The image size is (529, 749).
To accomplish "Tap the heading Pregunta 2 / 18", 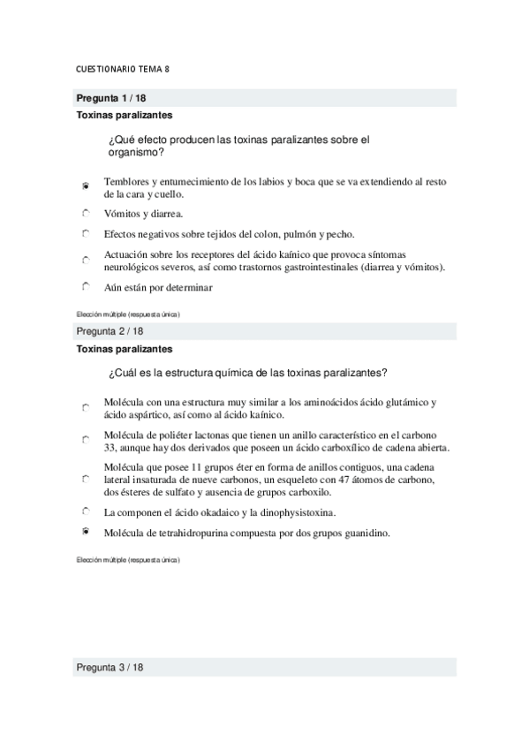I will coord(109,331).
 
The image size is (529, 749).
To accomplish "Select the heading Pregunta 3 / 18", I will coord(109,668).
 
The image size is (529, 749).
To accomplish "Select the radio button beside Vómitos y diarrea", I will coord(86,213).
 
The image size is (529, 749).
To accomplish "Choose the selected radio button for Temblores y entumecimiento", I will coord(86,186).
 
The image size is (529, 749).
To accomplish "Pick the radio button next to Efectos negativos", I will coord(86,234).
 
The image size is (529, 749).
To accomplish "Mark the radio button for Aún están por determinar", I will coord(86,286).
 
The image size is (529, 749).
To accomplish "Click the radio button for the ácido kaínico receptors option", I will coord(86,261).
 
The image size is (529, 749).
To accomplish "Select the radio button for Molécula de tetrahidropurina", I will coord(86,532).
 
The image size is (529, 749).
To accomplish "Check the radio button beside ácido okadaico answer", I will coord(86,511).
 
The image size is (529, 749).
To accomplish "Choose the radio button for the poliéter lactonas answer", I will coord(86,439).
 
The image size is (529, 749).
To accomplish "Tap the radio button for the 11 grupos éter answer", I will coord(86,479).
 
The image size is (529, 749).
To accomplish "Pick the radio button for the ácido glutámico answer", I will coord(86,407).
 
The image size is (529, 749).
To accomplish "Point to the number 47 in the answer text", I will coord(344,480).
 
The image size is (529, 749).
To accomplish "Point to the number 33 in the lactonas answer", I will coord(110,447).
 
